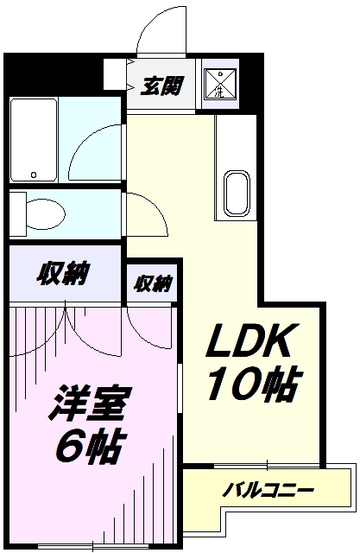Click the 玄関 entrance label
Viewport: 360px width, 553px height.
(161, 86)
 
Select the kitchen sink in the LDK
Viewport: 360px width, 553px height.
(235, 194)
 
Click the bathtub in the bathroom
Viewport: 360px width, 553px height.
(34, 139)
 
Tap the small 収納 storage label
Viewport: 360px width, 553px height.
(153, 283)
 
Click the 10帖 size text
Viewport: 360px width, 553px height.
(254, 384)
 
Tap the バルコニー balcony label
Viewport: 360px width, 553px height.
(267, 492)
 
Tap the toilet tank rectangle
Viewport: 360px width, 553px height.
(18, 212)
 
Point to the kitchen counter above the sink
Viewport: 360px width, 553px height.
(234, 143)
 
